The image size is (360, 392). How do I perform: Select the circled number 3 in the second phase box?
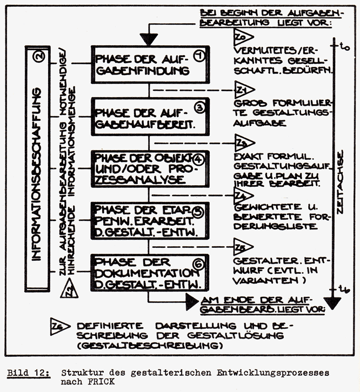coord(198,107)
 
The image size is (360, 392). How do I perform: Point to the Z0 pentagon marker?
coord(241,37)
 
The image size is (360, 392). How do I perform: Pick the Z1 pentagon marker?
coord(241,90)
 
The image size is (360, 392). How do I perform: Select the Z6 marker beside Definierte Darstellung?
coord(63,327)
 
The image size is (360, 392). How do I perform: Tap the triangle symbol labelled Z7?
coord(70,289)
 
